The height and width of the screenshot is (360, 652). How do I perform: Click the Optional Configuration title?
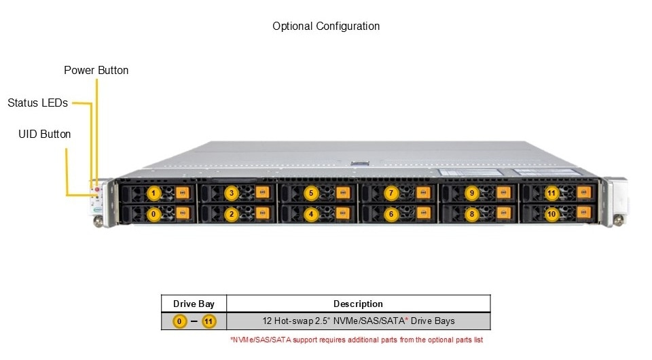click(326, 26)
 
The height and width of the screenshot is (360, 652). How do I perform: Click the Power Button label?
click(96, 70)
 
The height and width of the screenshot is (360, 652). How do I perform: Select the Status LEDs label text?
click(37, 103)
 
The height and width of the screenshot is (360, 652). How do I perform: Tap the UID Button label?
click(44, 134)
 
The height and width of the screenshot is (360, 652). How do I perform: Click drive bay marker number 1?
click(153, 194)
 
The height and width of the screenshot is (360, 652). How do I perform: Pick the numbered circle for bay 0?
click(153, 214)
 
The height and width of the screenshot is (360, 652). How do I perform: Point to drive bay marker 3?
click(232, 194)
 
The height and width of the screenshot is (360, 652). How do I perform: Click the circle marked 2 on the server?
click(232, 214)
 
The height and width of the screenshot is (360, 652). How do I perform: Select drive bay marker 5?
click(311, 194)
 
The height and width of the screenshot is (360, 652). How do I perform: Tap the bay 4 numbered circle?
click(311, 214)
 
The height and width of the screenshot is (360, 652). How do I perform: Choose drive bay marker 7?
click(391, 194)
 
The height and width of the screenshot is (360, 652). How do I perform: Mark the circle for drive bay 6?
click(391, 214)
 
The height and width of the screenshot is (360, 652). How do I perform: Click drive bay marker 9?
click(471, 194)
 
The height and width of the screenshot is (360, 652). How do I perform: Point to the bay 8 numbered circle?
click(471, 214)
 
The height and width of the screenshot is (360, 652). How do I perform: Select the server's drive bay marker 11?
click(551, 194)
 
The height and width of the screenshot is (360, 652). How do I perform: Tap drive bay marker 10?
click(551, 214)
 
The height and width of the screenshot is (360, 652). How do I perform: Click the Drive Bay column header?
click(194, 304)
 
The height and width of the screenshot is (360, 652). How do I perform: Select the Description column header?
click(358, 304)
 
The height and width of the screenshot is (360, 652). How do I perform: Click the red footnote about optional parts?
click(357, 339)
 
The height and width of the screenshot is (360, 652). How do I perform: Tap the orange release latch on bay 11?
click(583, 194)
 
